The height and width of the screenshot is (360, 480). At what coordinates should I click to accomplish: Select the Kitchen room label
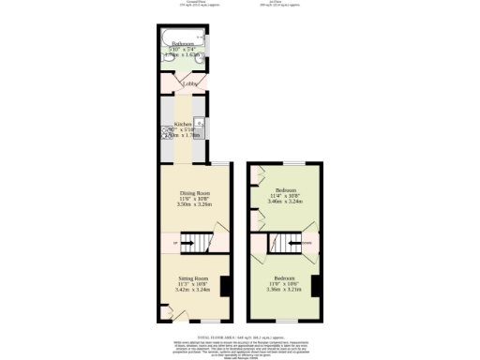coord(184,124)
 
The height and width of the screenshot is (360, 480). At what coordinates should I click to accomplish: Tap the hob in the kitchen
coord(200,123)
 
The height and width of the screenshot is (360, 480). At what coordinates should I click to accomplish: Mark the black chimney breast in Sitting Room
coord(225,286)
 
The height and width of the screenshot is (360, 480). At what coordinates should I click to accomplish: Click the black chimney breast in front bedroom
coord(316,286)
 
